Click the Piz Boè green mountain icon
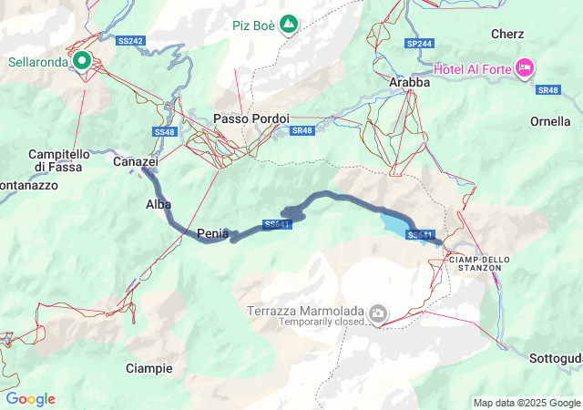(x=289, y=23)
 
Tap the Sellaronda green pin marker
(x=82, y=61)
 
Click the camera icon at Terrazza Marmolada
(x=377, y=315)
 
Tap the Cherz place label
(x=506, y=34)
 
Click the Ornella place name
(x=550, y=121)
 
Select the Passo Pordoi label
(x=251, y=118)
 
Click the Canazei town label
(x=136, y=161)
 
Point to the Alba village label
(x=159, y=205)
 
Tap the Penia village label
(x=212, y=234)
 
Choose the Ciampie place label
(x=148, y=368)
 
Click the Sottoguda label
(x=556, y=359)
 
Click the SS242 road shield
(x=131, y=41)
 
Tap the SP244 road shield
(x=420, y=43)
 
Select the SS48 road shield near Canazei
(x=164, y=132)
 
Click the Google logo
(x=30, y=399)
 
